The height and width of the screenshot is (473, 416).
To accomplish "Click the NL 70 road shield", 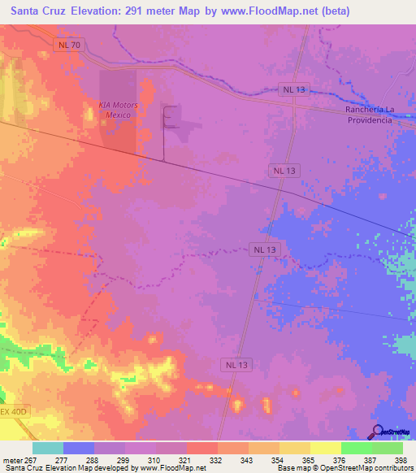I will (69, 45).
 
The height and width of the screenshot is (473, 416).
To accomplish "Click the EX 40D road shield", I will (14, 412).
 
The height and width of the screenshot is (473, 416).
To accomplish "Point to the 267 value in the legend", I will (31, 459).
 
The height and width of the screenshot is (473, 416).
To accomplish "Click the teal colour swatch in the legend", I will (48, 448).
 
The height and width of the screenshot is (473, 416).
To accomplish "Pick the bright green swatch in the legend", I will (356, 448).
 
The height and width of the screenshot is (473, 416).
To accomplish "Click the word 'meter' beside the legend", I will (12, 459).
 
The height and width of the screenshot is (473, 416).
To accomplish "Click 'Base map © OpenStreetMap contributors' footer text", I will (344, 468).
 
